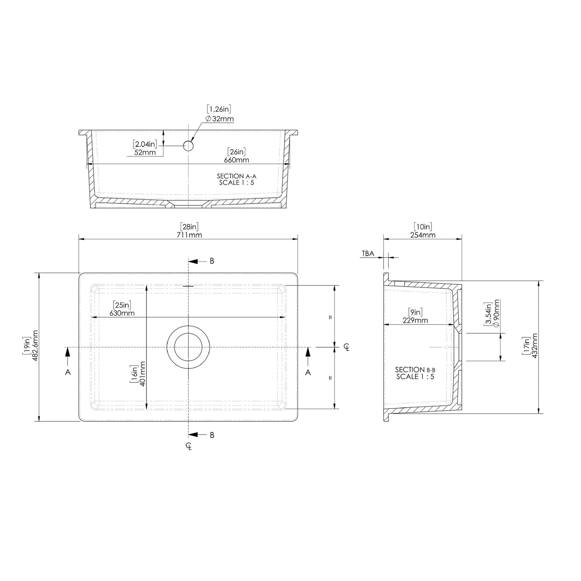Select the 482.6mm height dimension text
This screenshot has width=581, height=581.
[x=35, y=346]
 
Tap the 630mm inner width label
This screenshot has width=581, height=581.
[x=122, y=313]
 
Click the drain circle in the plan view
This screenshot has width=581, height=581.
[x=188, y=347]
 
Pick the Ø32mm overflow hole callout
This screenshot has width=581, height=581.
[x=220, y=119]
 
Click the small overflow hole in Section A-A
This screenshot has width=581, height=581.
[x=188, y=146]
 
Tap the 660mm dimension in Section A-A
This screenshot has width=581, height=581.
[x=236, y=160]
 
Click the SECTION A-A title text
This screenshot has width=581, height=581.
[x=236, y=176]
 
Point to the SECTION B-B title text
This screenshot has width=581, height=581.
[x=415, y=370]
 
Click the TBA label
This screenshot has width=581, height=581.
[x=368, y=253]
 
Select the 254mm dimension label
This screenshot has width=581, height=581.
[x=423, y=235]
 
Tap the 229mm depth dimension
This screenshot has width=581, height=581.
[x=415, y=320]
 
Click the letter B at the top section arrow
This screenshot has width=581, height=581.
[x=212, y=261]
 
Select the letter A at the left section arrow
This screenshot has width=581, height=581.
[x=68, y=372]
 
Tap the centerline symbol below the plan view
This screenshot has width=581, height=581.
[x=189, y=446]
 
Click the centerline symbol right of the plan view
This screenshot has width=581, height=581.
[x=347, y=347]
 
